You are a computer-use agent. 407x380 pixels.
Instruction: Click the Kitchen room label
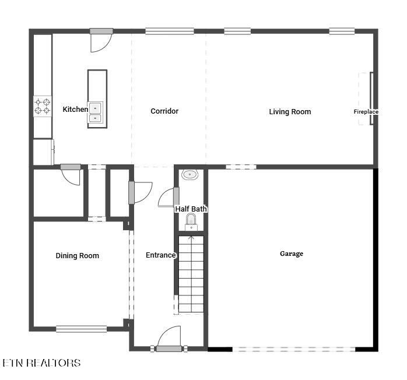click(x=75, y=109)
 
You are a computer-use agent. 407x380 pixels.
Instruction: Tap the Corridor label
click(x=164, y=111)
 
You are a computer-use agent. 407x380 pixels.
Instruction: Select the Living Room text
click(x=290, y=112)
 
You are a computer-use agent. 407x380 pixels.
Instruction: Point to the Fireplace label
click(x=366, y=112)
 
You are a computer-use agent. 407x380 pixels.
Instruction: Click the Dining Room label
click(x=78, y=256)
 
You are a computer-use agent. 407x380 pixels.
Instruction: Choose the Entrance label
click(x=161, y=255)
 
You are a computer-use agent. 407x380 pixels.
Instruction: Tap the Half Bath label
click(x=191, y=209)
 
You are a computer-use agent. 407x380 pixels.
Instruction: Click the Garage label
click(x=292, y=254)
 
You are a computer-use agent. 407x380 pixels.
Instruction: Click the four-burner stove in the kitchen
click(x=43, y=106)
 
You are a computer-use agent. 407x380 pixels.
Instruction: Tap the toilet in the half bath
click(x=191, y=222)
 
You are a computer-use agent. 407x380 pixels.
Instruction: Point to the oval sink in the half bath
click(x=190, y=175)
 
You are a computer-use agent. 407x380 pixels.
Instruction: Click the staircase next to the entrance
click(x=191, y=274)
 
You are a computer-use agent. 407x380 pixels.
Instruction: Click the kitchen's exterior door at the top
click(x=101, y=40)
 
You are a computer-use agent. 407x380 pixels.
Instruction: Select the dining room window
click(x=82, y=329)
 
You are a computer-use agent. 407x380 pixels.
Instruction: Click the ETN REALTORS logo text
click(x=41, y=363)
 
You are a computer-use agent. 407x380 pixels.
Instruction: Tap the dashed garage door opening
click(x=294, y=349)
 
